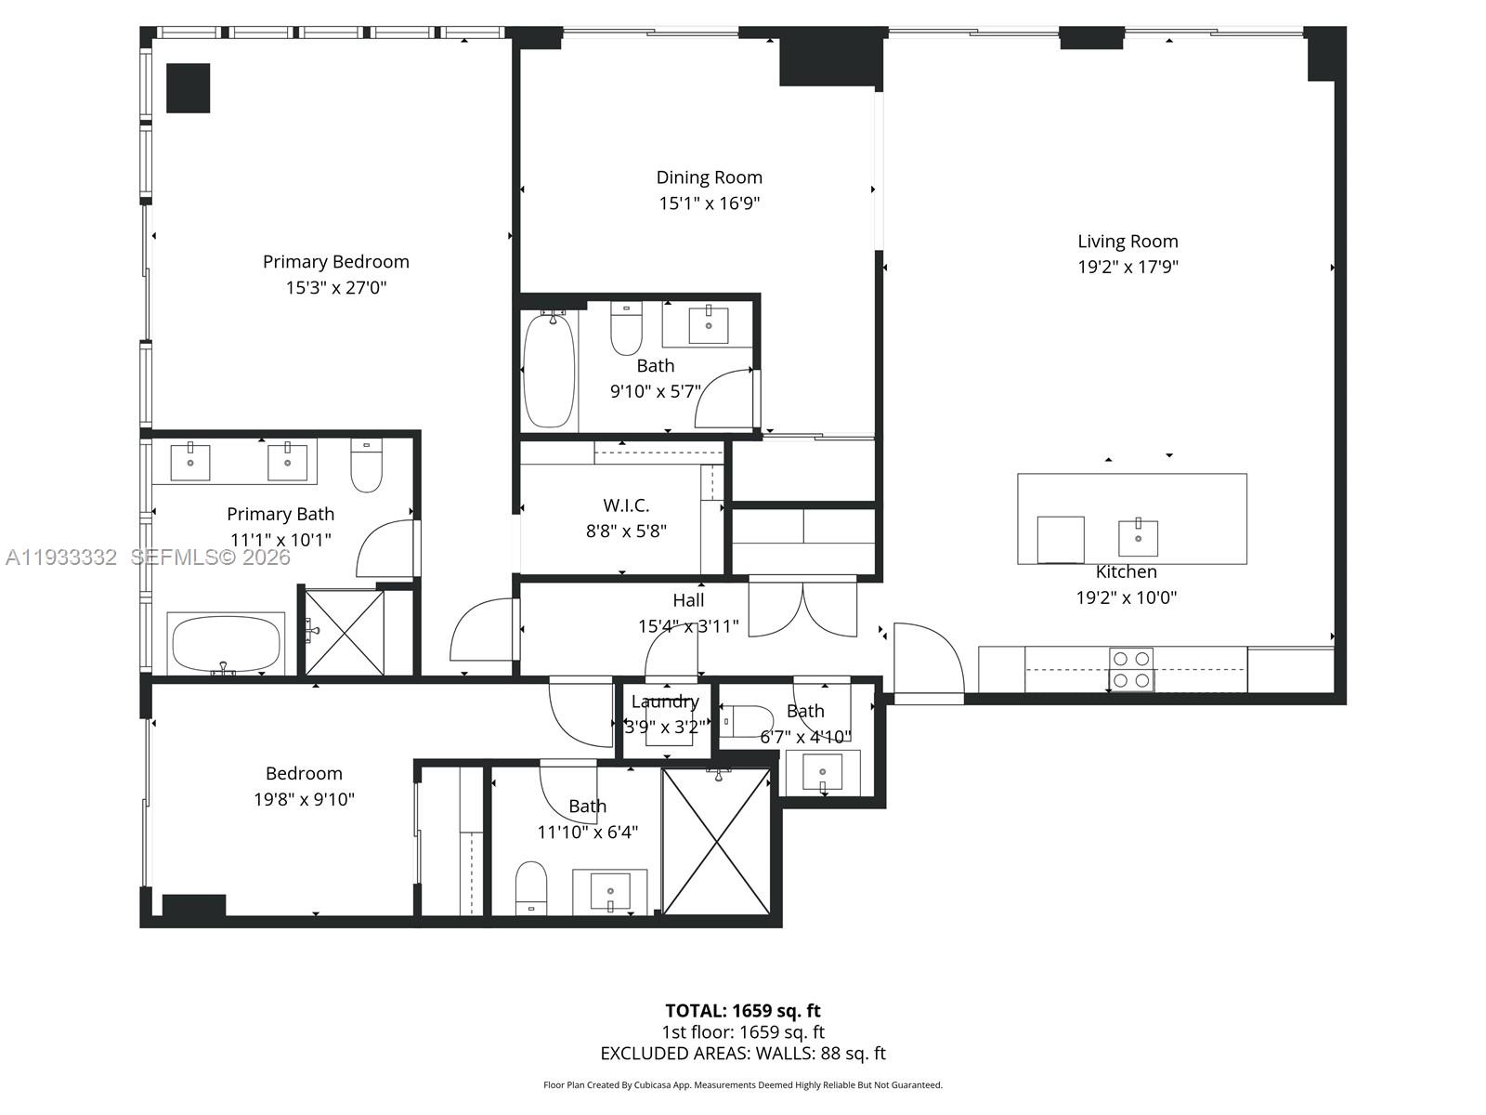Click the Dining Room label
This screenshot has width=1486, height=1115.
click(709, 177)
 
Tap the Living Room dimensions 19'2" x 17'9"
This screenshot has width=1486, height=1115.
click(1128, 267)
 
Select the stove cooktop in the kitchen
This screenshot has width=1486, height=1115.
click(1131, 670)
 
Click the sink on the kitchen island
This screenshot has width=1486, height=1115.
click(1138, 537)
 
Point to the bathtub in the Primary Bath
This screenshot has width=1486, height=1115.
click(227, 644)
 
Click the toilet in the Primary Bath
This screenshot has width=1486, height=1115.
click(366, 466)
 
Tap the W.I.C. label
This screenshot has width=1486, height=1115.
click(626, 505)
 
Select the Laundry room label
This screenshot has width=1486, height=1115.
click(665, 702)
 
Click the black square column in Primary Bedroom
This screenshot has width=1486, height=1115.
click(189, 88)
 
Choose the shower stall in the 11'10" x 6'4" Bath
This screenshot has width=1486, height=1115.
click(716, 842)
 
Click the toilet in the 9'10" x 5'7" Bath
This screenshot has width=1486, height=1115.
click(626, 330)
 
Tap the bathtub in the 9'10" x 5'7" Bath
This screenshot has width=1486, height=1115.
click(548, 370)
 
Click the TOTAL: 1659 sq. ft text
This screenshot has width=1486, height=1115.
click(742, 1011)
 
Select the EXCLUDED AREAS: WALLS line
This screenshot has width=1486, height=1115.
click(742, 1054)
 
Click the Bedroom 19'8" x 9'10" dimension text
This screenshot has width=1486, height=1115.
click(304, 799)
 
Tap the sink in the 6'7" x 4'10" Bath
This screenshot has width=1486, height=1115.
click(822, 772)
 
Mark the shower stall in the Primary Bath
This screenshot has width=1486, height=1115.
click(345, 633)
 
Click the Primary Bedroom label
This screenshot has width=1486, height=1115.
click(335, 262)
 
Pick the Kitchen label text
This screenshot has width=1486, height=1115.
click(1126, 572)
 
